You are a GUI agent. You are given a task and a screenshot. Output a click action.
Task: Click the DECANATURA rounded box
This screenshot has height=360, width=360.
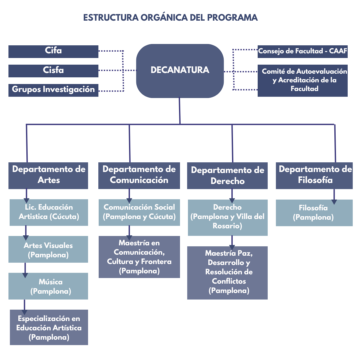[x=180, y=71]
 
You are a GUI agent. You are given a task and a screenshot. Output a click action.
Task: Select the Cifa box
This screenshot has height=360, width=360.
[x=53, y=51]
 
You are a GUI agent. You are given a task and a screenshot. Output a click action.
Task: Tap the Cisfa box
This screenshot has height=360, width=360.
[x=53, y=71]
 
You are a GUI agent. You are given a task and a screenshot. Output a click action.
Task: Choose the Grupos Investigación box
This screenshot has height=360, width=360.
[x=53, y=90]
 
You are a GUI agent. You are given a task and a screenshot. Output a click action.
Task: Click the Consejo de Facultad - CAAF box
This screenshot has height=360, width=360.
[x=303, y=51]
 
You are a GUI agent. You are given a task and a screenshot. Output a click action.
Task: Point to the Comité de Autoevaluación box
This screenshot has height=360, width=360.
[x=303, y=80]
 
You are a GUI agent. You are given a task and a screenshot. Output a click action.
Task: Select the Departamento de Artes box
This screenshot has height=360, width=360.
[x=48, y=175]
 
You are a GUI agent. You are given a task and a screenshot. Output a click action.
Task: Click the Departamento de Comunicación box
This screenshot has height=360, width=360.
[x=139, y=175]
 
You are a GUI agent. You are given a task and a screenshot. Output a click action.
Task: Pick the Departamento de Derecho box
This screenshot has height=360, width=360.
[x=227, y=176]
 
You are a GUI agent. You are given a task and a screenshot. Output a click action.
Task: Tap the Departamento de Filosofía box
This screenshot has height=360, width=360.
[x=314, y=175]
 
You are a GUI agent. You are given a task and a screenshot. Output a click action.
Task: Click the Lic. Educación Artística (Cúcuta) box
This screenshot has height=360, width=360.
[x=48, y=212]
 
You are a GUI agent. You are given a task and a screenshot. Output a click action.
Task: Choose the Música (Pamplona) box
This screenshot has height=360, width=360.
[x=48, y=286]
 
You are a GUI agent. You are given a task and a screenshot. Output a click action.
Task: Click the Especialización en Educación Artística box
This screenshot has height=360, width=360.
[x=48, y=327]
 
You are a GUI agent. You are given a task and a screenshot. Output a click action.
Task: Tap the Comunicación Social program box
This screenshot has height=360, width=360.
[x=139, y=212]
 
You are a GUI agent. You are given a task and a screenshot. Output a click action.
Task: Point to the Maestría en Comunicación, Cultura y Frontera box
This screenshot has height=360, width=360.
[x=139, y=257]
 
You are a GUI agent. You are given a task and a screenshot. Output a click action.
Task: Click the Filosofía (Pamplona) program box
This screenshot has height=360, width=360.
[x=314, y=213]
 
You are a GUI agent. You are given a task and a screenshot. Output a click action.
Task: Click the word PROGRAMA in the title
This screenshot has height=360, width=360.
[x=232, y=17]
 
